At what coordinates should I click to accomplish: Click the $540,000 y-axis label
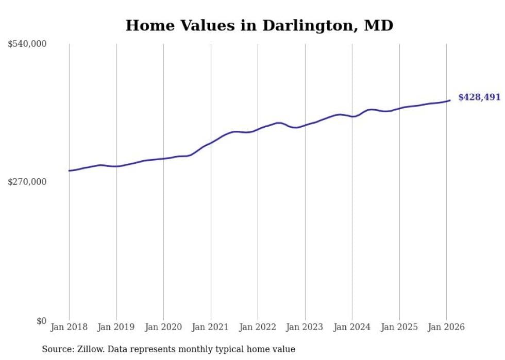(x=27, y=44)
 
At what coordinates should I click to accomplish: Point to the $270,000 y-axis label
(x=27, y=182)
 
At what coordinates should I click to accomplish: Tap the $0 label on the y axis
(x=41, y=321)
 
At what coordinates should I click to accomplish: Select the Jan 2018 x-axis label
(x=69, y=328)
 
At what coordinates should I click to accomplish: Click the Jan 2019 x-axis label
(x=116, y=328)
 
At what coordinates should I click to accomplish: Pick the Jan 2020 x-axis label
(x=163, y=328)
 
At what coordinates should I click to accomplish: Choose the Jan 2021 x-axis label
(x=211, y=328)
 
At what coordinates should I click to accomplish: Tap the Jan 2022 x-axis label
(x=258, y=328)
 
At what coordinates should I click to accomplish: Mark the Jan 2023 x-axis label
(x=305, y=328)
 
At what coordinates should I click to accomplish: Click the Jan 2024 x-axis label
(x=352, y=328)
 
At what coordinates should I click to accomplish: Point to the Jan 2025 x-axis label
(x=399, y=328)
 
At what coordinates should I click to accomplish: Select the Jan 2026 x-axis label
(x=446, y=328)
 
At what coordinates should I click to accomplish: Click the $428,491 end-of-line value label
(x=479, y=97)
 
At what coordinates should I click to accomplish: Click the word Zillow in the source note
(x=91, y=350)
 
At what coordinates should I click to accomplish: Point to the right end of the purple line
(x=450, y=100)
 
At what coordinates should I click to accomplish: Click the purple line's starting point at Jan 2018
(x=69, y=170)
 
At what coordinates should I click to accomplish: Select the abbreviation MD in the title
(x=378, y=26)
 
